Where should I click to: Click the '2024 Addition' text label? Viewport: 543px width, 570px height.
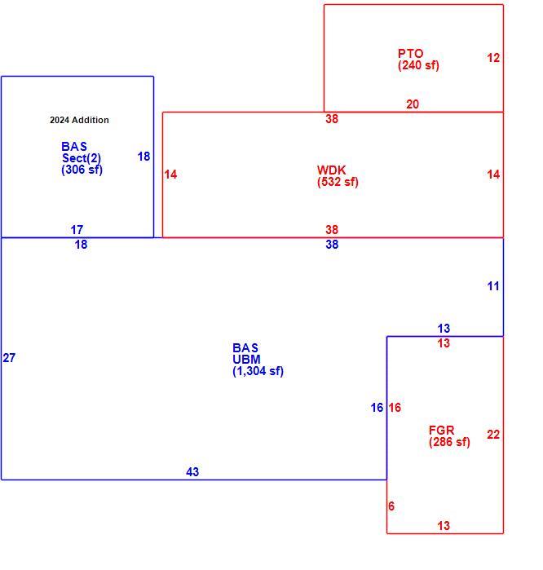[79, 120]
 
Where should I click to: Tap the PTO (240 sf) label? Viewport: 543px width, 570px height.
[418, 60]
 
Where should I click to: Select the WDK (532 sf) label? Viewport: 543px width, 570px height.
[338, 176]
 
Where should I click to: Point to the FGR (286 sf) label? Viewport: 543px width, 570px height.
[449, 436]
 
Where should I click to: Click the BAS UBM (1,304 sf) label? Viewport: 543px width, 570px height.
[258, 360]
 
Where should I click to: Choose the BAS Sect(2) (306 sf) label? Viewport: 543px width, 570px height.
[82, 158]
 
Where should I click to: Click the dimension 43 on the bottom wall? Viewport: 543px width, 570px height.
[192, 472]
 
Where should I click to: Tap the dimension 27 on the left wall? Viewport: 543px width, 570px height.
[9, 358]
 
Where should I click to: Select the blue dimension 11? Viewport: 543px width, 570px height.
[493, 286]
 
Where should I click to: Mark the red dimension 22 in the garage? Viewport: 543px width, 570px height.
[493, 435]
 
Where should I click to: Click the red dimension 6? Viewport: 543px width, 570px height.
[391, 506]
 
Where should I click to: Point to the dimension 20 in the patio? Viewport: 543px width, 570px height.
[413, 104]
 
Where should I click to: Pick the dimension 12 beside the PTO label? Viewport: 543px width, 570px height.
[493, 58]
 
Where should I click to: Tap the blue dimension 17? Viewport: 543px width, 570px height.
[77, 230]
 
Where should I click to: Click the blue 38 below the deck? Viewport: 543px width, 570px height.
[332, 245]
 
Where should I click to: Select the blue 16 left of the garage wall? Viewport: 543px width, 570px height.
[377, 408]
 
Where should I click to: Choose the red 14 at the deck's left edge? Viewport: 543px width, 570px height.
[170, 175]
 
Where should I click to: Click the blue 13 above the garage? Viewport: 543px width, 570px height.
[444, 329]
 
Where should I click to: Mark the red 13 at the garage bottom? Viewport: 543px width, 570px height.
[444, 526]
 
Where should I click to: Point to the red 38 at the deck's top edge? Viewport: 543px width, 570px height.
[332, 119]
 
